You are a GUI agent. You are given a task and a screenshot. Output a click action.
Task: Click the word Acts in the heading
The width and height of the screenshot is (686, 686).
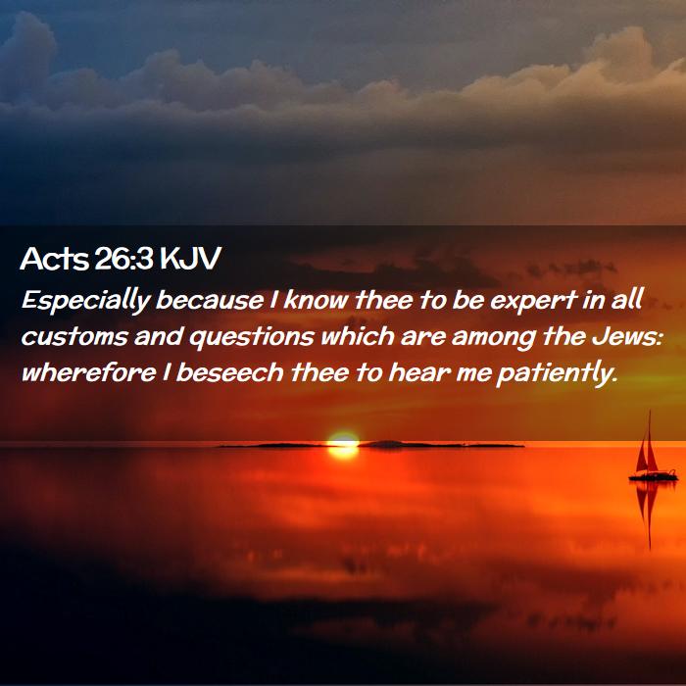tap(55, 258)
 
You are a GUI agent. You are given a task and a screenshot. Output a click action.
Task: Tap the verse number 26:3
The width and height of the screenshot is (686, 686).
tap(123, 258)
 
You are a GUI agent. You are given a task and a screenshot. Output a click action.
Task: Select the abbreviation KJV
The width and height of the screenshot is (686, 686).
tap(191, 258)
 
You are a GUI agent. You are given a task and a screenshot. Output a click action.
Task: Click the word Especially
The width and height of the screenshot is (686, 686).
tap(86, 301)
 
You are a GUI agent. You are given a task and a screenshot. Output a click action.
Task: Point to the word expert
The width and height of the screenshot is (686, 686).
tap(534, 301)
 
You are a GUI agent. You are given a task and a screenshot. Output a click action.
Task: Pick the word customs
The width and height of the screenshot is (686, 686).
tap(74, 336)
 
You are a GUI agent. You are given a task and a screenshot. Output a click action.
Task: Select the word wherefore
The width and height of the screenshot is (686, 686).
tap(89, 372)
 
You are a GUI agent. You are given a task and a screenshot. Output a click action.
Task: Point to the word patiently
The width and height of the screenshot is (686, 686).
tap(557, 374)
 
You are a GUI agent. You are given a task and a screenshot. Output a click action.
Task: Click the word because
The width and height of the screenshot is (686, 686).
tap(210, 301)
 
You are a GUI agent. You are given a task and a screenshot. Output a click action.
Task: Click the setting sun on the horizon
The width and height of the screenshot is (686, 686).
tap(343, 444)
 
